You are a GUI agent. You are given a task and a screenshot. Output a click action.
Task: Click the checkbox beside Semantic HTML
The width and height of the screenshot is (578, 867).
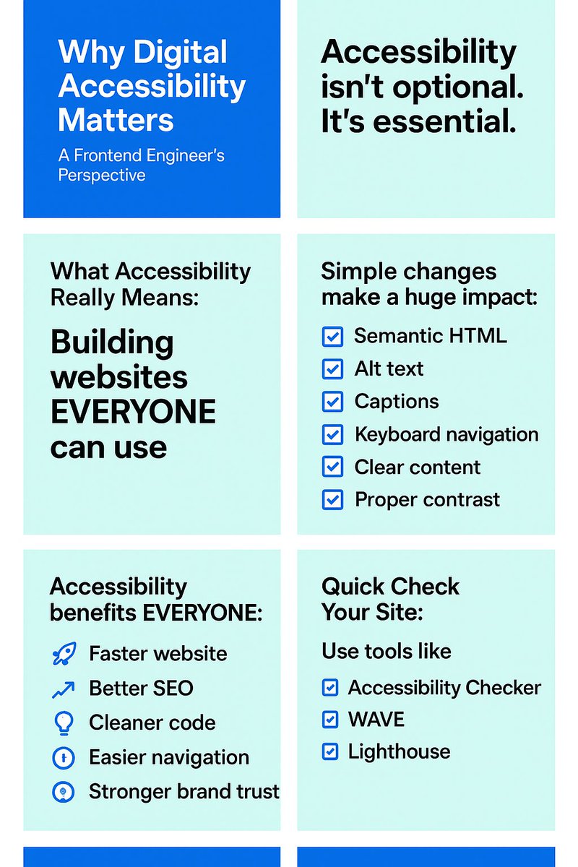(x=332, y=336)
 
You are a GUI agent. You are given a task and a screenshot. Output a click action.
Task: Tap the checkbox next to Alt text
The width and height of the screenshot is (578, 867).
(x=332, y=369)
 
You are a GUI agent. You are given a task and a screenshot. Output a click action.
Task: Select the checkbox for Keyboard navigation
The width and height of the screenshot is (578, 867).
(x=332, y=434)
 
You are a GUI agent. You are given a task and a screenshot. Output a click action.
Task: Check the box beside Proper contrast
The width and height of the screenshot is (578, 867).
(x=332, y=499)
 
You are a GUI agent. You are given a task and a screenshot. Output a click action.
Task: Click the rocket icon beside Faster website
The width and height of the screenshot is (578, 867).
(x=64, y=654)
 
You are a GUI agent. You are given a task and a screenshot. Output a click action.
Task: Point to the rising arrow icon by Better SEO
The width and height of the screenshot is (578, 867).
(x=64, y=689)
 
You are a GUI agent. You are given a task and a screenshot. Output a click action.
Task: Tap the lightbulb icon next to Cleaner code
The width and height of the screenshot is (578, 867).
(x=64, y=722)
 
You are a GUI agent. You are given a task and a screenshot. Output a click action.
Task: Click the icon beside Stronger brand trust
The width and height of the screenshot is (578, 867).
(x=64, y=792)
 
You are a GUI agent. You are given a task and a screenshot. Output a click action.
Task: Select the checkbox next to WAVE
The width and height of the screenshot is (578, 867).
(x=330, y=720)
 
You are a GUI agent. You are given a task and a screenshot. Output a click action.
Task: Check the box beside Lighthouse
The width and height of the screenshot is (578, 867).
(x=330, y=752)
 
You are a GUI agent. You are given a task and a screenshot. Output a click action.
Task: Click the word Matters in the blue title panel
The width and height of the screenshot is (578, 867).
(x=116, y=118)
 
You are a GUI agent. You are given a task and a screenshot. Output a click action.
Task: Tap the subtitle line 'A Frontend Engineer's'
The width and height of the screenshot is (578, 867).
(x=142, y=155)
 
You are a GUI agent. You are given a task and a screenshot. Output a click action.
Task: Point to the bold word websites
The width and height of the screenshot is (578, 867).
(x=119, y=377)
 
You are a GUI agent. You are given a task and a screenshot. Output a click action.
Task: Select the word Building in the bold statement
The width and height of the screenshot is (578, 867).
(x=112, y=342)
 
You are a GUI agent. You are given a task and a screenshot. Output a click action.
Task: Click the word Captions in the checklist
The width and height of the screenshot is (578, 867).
(x=397, y=402)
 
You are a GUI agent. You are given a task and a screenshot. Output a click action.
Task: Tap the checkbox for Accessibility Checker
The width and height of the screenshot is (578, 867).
(x=330, y=688)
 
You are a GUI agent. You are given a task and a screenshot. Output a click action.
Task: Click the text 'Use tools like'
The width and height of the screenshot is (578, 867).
(x=387, y=651)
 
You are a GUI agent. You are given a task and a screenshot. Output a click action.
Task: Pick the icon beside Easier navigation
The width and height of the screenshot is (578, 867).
(x=64, y=757)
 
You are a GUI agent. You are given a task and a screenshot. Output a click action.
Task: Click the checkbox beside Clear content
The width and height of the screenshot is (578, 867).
(x=332, y=467)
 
